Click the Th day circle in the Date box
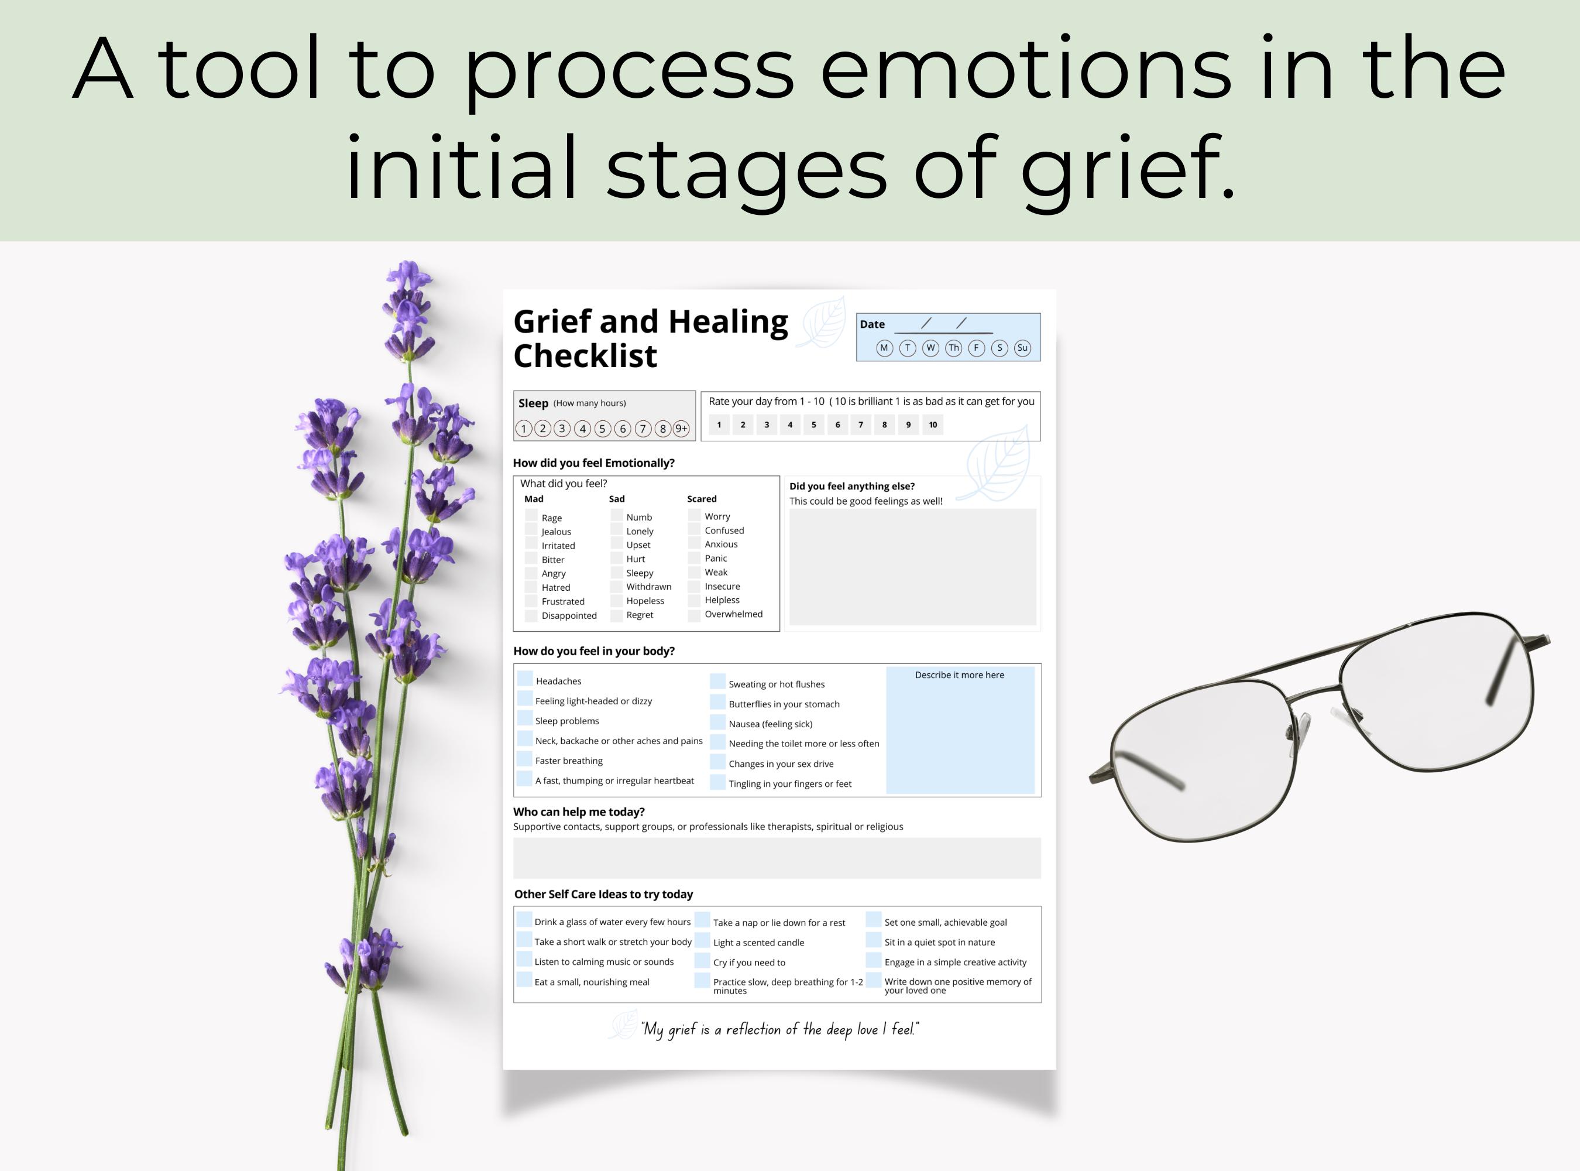point(954,348)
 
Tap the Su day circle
point(1022,348)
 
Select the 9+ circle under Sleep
point(681,428)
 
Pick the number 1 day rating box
point(719,424)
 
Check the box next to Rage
point(531,515)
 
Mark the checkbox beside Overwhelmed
point(695,613)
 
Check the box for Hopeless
point(616,600)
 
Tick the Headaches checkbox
point(525,679)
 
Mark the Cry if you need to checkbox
point(702,960)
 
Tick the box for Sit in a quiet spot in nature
point(874,940)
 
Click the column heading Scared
point(702,499)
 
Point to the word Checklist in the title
point(585,356)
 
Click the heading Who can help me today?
point(579,812)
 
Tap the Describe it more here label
point(959,675)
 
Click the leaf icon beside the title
point(822,323)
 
